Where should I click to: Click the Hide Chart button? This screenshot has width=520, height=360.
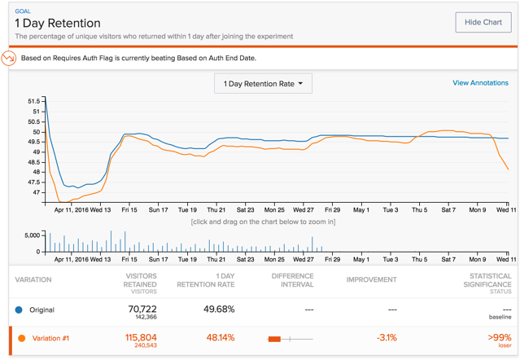tap(483, 22)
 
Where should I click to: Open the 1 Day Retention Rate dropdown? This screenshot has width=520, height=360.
tap(263, 84)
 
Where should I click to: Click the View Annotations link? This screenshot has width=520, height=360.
tap(480, 83)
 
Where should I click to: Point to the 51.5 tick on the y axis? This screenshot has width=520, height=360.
tap(33, 101)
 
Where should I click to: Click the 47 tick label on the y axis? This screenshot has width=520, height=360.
tap(35, 192)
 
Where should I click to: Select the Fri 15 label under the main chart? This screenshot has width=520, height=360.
tap(129, 210)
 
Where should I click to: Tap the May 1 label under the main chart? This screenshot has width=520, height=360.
tap(361, 210)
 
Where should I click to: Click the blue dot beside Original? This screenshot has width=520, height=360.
tap(19, 310)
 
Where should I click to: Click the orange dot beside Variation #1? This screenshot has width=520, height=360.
tap(22, 338)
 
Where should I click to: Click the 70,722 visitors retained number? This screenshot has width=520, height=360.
tap(142, 309)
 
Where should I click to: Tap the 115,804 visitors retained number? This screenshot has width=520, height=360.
tap(138, 336)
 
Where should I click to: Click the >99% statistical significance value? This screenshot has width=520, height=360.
tap(500, 336)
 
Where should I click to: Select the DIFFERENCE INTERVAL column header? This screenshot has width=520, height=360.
tap(292, 279)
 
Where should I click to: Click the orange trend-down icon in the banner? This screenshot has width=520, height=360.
tap(9, 59)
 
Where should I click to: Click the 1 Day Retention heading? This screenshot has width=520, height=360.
tap(58, 24)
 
